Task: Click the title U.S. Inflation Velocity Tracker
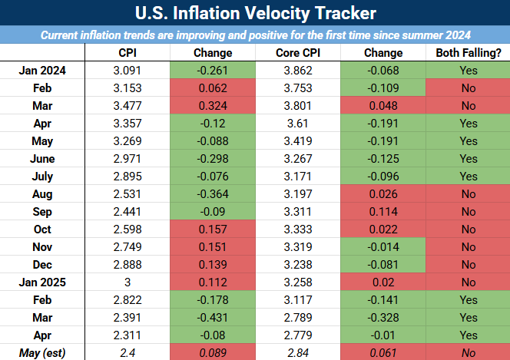tap(255, 14)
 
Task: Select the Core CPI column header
tap(297, 53)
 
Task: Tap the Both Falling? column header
tap(468, 53)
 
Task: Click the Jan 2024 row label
tap(43, 70)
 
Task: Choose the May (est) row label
tap(43, 353)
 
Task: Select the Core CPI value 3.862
tap(297, 70)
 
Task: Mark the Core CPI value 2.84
tap(297, 353)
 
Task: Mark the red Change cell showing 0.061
tap(382, 353)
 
